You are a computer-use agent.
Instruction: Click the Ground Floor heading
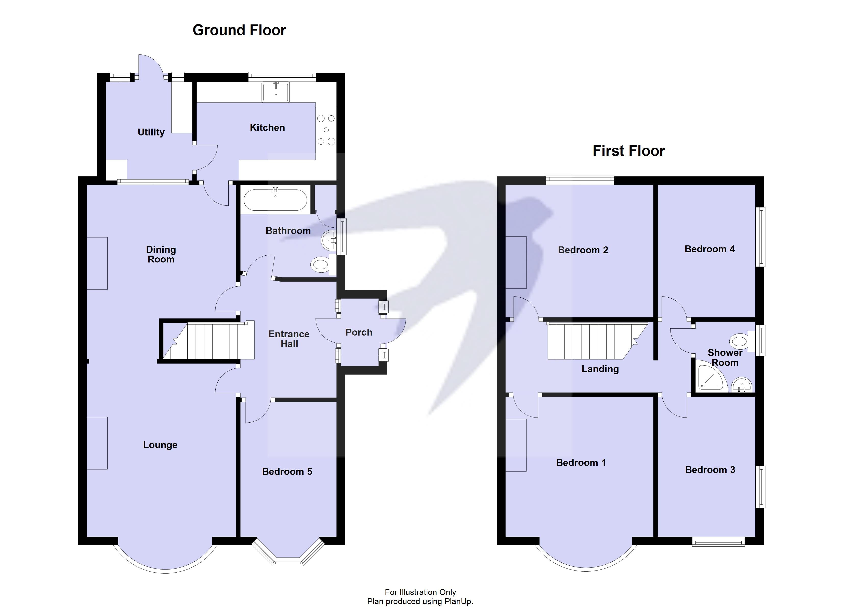[x=239, y=30]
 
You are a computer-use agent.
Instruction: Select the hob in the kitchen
[x=326, y=130]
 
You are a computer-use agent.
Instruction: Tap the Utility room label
[x=151, y=132]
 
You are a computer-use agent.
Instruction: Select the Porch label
[x=359, y=332]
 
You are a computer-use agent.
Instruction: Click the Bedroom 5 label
[x=287, y=472]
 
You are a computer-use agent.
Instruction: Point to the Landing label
[x=600, y=369]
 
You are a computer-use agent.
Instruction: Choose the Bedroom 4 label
[x=709, y=249]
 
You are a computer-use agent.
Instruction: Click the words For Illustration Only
[x=420, y=592]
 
